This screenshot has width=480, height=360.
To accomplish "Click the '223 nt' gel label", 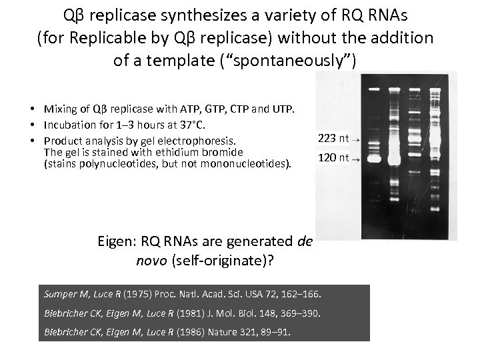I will click(x=333, y=138).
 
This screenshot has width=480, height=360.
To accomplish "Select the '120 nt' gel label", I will click(x=333, y=158).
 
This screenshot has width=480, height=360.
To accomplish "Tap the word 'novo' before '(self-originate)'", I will click(x=145, y=258).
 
